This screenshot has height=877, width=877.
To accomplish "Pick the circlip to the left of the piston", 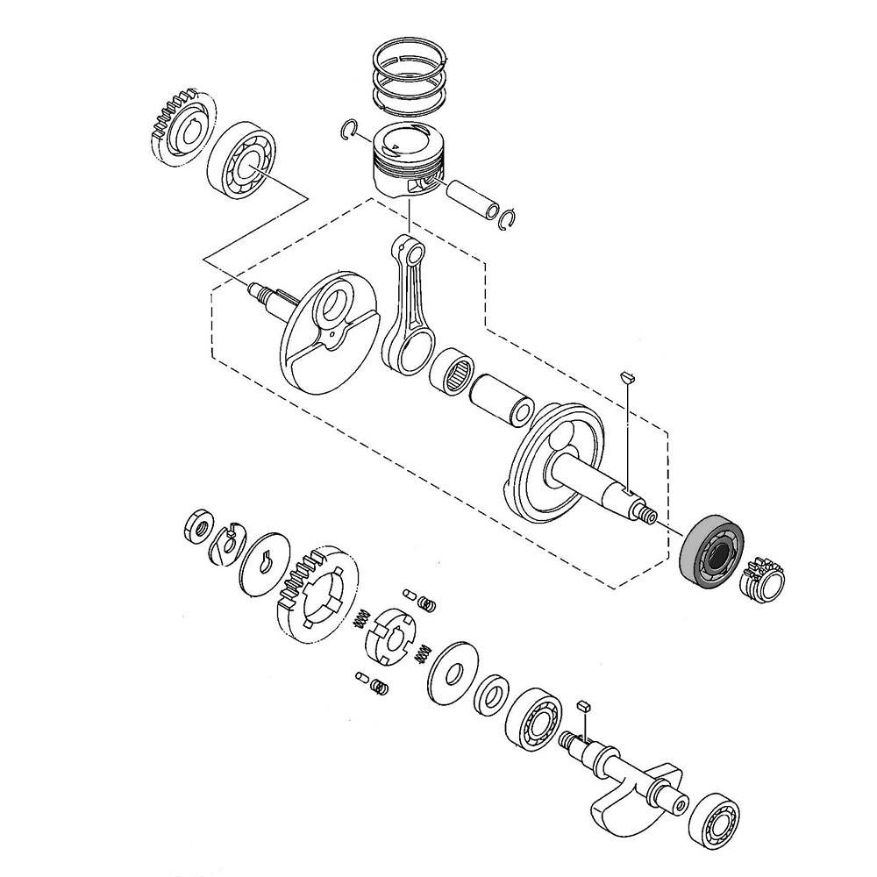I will (349, 130).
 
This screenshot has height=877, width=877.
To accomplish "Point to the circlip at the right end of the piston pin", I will (509, 218).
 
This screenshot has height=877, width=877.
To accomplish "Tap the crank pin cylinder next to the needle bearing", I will (502, 398).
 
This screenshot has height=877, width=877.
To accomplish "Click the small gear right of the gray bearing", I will (767, 581).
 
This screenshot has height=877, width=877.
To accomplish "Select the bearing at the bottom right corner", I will (717, 822).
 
